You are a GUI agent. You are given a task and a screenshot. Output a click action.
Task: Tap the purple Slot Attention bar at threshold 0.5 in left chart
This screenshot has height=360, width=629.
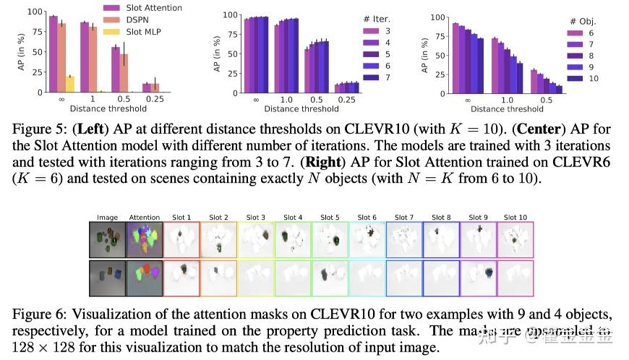115,69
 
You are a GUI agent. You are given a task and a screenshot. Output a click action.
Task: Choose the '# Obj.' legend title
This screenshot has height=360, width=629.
583,22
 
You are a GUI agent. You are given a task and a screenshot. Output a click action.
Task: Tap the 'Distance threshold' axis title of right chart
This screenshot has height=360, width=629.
506,110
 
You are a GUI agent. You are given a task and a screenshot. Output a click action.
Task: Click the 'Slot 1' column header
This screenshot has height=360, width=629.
181,217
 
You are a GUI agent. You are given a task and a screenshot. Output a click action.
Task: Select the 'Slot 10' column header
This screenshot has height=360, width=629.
515,217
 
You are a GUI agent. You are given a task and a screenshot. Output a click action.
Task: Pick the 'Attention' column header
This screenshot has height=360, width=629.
144,217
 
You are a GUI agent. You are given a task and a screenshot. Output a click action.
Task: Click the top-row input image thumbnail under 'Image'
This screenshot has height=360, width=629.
107,239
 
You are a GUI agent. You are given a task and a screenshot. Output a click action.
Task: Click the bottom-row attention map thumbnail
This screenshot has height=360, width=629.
144,277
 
